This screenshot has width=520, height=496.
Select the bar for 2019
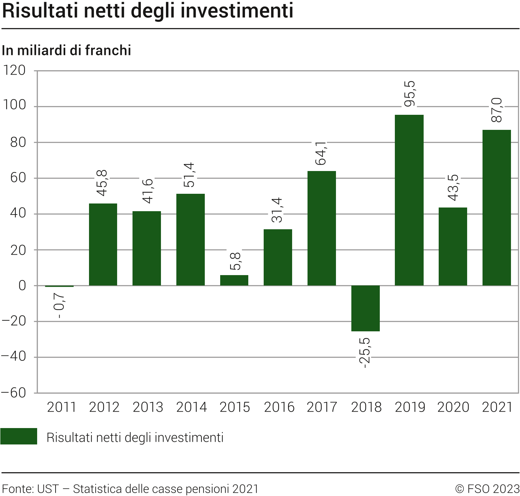coord(409,200)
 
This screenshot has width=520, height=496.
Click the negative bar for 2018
coord(365,308)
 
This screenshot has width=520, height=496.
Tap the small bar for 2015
coord(234,280)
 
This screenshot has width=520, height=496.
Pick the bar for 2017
coord(322,228)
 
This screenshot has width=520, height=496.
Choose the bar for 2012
coord(103,244)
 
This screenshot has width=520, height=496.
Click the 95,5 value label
coord(410,94)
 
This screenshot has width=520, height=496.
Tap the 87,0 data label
coord(497,110)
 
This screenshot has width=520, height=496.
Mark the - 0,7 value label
coord(60,305)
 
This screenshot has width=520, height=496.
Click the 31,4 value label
coord(277,210)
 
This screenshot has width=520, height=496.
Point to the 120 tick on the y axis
coord(14,71)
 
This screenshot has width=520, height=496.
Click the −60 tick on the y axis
coord(13,393)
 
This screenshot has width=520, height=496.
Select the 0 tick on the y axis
coord(22,286)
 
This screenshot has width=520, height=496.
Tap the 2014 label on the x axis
coord(191,407)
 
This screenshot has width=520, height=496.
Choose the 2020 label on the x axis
coord(453,407)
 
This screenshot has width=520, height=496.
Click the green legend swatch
coord(19,436)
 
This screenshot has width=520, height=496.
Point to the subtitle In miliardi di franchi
coord(66,51)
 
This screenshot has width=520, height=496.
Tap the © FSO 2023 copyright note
coord(487,489)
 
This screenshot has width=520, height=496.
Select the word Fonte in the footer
coord(17,489)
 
